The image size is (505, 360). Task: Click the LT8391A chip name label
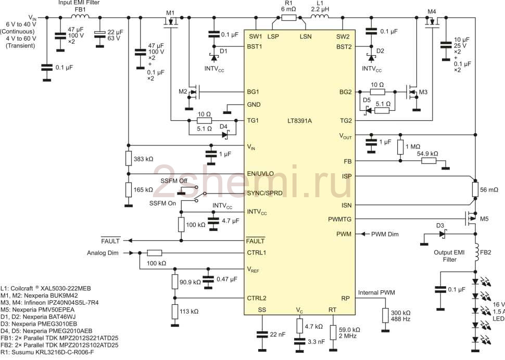(x=299, y=121)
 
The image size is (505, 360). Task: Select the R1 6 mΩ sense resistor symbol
(x=288, y=17)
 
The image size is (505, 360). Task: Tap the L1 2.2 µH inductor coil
(x=320, y=17)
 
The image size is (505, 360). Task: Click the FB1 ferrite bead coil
(x=80, y=16)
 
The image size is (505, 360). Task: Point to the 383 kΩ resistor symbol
(x=129, y=158)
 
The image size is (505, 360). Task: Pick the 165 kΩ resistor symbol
(x=129, y=190)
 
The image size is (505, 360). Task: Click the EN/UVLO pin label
(x=260, y=174)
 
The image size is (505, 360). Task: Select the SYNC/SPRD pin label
(x=264, y=194)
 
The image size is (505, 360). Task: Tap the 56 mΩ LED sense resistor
(x=475, y=189)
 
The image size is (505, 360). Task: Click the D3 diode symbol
(x=442, y=234)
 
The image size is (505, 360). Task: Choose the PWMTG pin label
(x=340, y=220)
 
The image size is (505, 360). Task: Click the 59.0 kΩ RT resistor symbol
(x=333, y=332)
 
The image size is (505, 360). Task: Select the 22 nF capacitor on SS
(x=262, y=335)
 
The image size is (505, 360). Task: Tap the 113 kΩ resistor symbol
(x=175, y=312)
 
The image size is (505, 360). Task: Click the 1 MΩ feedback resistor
(x=400, y=147)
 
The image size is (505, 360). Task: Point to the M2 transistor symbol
(x=193, y=92)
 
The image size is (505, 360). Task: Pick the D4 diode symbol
(x=225, y=134)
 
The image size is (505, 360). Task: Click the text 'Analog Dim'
(x=103, y=253)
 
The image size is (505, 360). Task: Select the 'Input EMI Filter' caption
(x=79, y=3)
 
